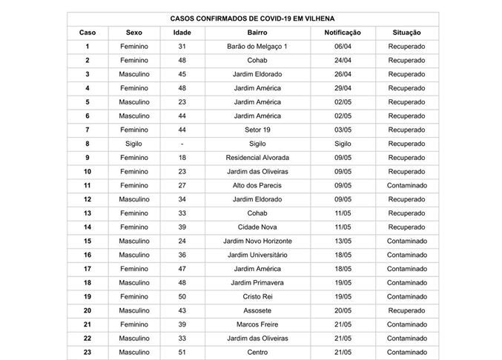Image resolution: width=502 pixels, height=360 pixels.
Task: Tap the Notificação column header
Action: tap(343, 33)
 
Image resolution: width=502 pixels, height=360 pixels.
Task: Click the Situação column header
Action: tap(406, 33)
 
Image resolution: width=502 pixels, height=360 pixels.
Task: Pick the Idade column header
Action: tap(182, 33)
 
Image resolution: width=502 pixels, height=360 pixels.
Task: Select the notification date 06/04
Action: tap(343, 47)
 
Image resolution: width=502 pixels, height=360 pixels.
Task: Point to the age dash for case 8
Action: tap(182, 144)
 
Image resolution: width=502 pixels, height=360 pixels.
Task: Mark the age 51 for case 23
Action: tap(182, 353)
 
